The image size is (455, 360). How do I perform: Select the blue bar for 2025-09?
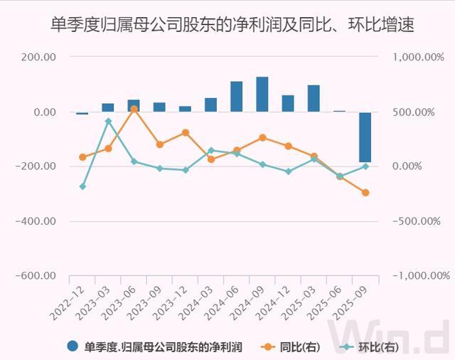pyautogui.click(x=365, y=137)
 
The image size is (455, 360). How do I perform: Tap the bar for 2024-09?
pyautogui.click(x=262, y=95)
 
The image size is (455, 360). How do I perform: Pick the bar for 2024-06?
pyautogui.click(x=236, y=97)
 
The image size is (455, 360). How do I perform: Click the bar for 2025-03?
pyautogui.click(x=314, y=99)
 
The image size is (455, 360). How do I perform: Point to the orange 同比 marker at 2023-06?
pyautogui.click(x=134, y=109)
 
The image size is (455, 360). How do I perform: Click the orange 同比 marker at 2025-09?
pyautogui.click(x=365, y=193)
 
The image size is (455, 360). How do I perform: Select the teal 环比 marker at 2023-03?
pyautogui.click(x=108, y=122)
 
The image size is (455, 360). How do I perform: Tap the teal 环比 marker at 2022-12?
pyautogui.click(x=82, y=186)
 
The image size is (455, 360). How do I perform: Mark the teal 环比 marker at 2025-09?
pyautogui.click(x=365, y=166)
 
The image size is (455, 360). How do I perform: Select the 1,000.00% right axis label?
pyautogui.click(x=421, y=58)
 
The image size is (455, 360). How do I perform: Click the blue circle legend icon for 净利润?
pyautogui.click(x=73, y=347)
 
